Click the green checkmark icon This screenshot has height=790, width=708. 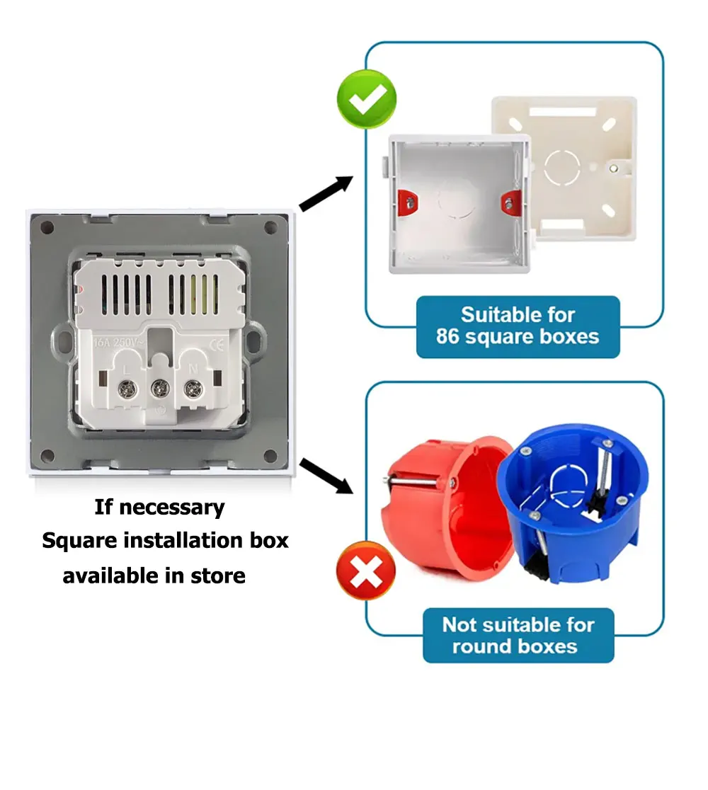[x=366, y=98]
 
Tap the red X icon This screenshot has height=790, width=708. [x=366, y=570]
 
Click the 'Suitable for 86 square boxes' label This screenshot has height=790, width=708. [x=518, y=326]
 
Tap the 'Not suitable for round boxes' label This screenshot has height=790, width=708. [x=518, y=635]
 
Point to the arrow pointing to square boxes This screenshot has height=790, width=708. [x=326, y=193]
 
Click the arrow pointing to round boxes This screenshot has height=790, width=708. [x=326, y=475]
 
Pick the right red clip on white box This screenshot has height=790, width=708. [x=510, y=201]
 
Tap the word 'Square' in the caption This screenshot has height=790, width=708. [x=79, y=542]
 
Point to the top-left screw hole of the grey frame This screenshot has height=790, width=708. [x=47, y=228]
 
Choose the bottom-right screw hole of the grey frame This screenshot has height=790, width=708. [x=270, y=455]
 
